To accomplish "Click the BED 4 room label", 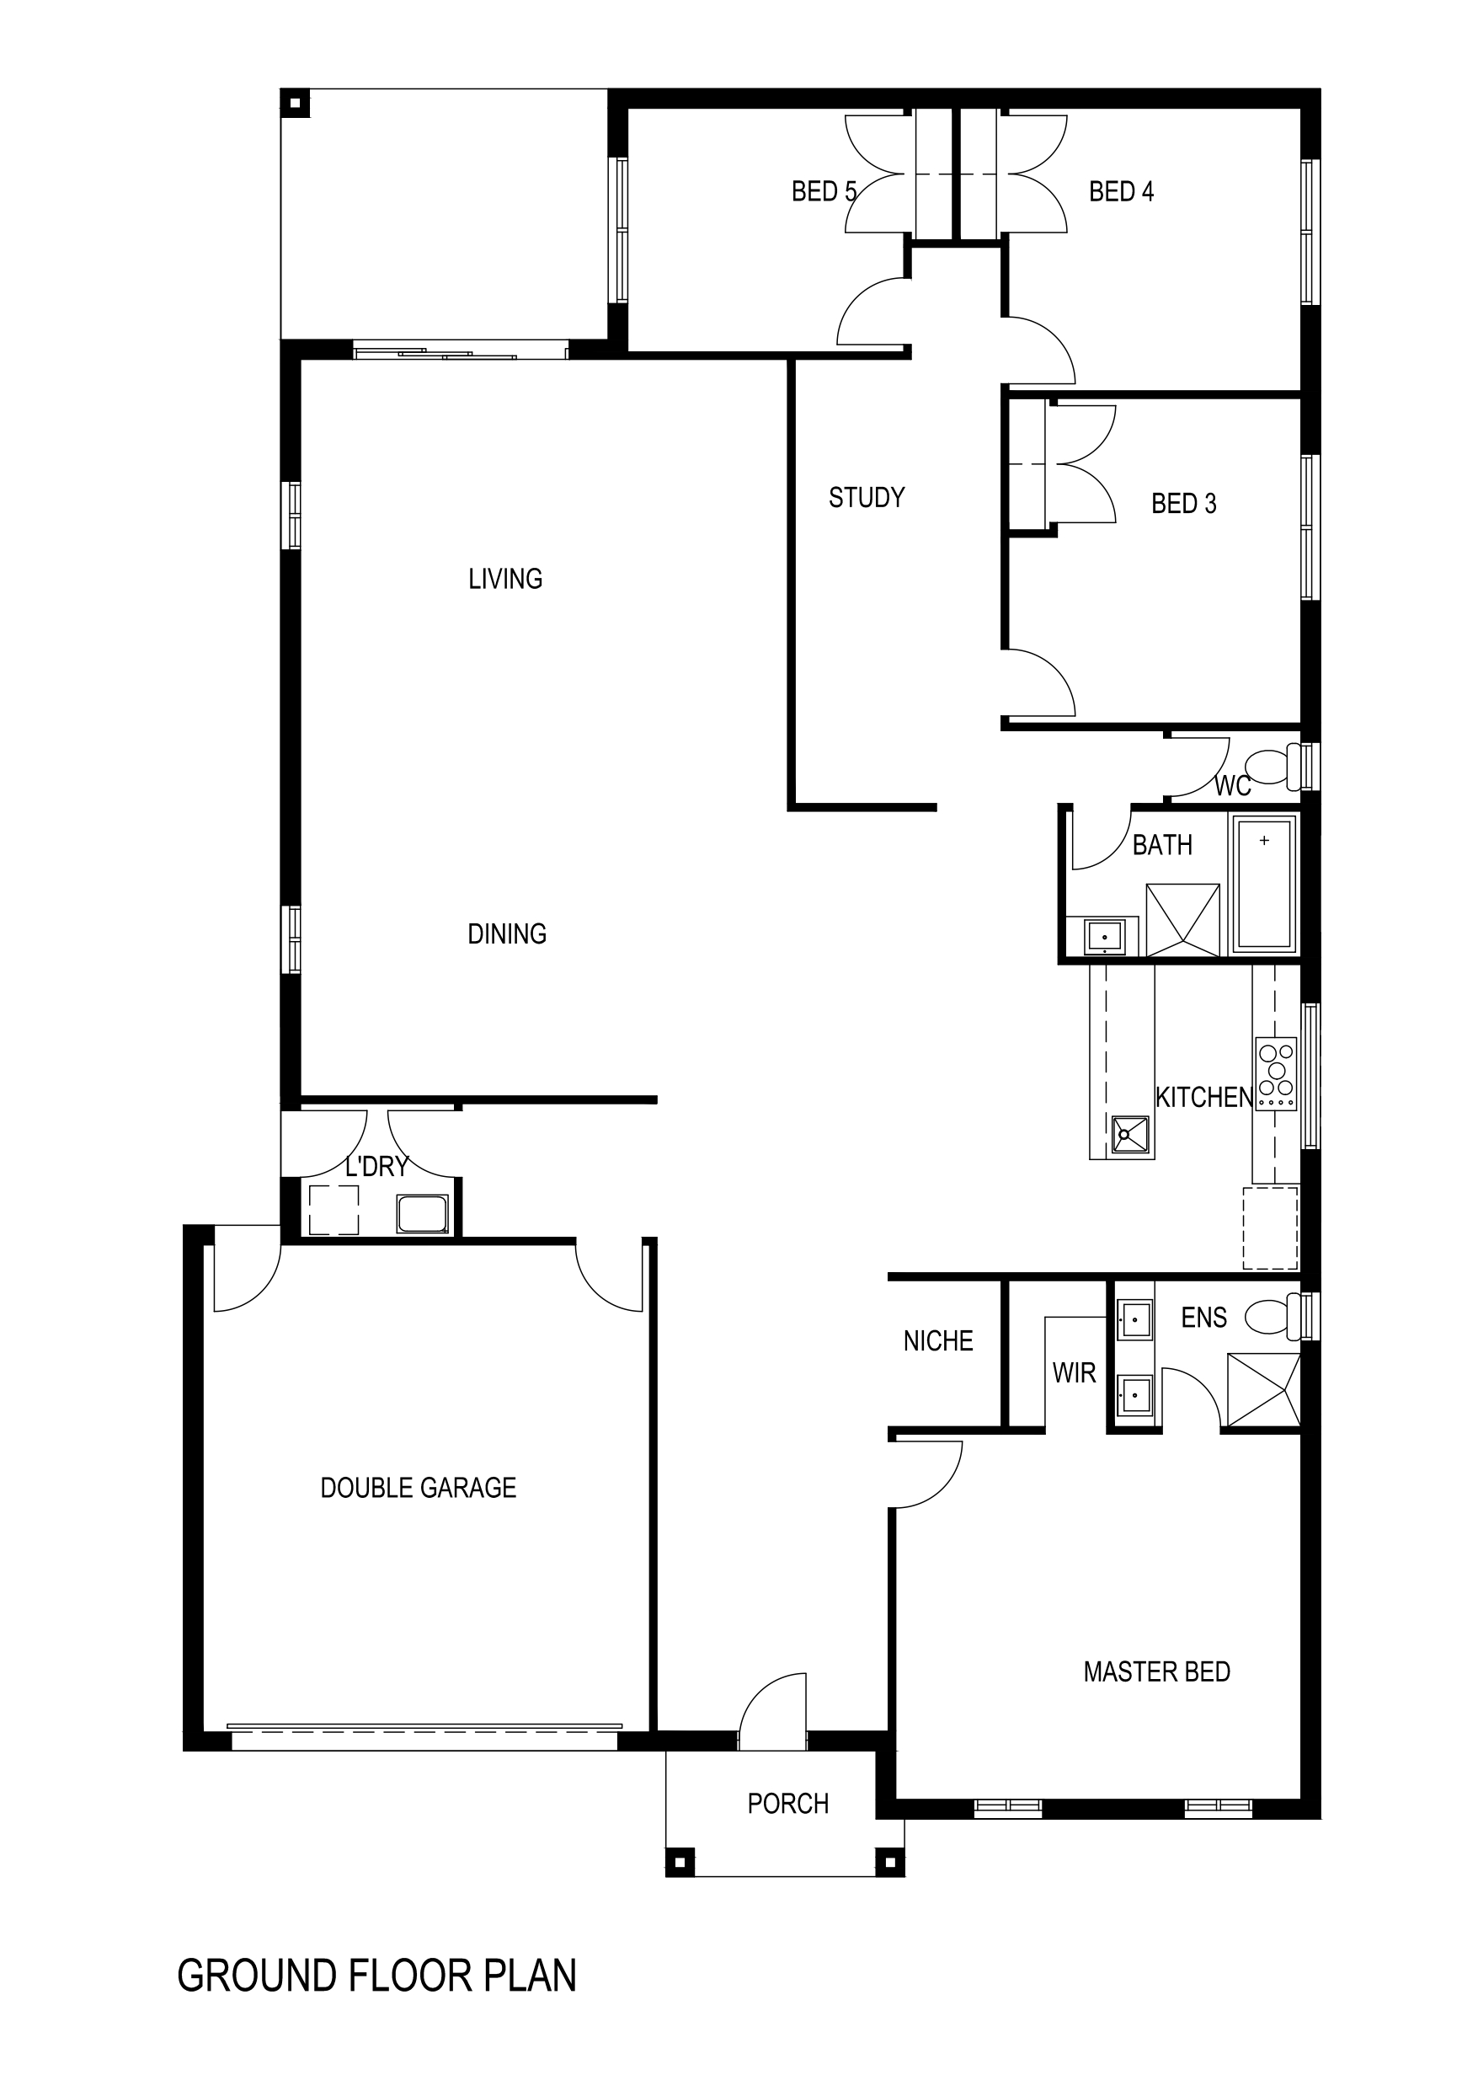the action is pos(1121,191).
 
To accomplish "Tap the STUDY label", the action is pos(866,497).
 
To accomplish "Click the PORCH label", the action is pos(787,1803).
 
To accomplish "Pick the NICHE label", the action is pos(938,1340).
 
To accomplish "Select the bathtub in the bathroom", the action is pos(1264,885).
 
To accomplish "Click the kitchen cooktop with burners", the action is pos(1276,1074).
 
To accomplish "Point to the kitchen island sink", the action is pos(1130,1135).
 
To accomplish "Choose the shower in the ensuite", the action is pos(1263,1390).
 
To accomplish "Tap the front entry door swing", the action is pos(772,1711).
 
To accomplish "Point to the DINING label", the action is pos(506,933).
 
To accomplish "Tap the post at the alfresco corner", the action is pos(294,103).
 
